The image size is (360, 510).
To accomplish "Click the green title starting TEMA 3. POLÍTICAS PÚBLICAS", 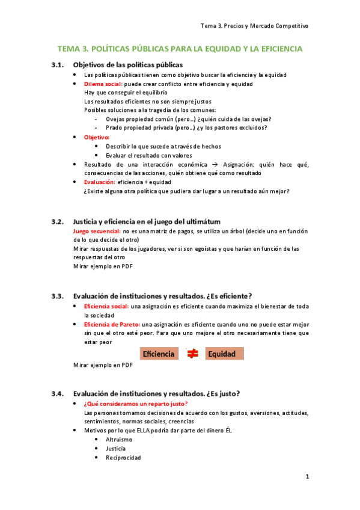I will [180, 49].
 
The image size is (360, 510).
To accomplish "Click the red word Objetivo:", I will [97, 138].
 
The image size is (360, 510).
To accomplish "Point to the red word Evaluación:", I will [100, 182].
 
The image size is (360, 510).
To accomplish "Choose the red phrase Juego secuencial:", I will [97, 231].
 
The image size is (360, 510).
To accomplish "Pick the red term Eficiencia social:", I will [106, 307].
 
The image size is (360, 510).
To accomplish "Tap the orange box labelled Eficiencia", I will [159, 354].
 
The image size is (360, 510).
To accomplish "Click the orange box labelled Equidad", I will [224, 354].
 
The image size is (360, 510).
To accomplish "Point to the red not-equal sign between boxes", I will [192, 354].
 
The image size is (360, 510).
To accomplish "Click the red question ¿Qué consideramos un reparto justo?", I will [136, 404].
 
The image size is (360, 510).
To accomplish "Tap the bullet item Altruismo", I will [119, 440].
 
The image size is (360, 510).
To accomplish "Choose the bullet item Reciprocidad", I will [123, 458].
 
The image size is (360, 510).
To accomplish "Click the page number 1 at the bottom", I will [307, 477].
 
